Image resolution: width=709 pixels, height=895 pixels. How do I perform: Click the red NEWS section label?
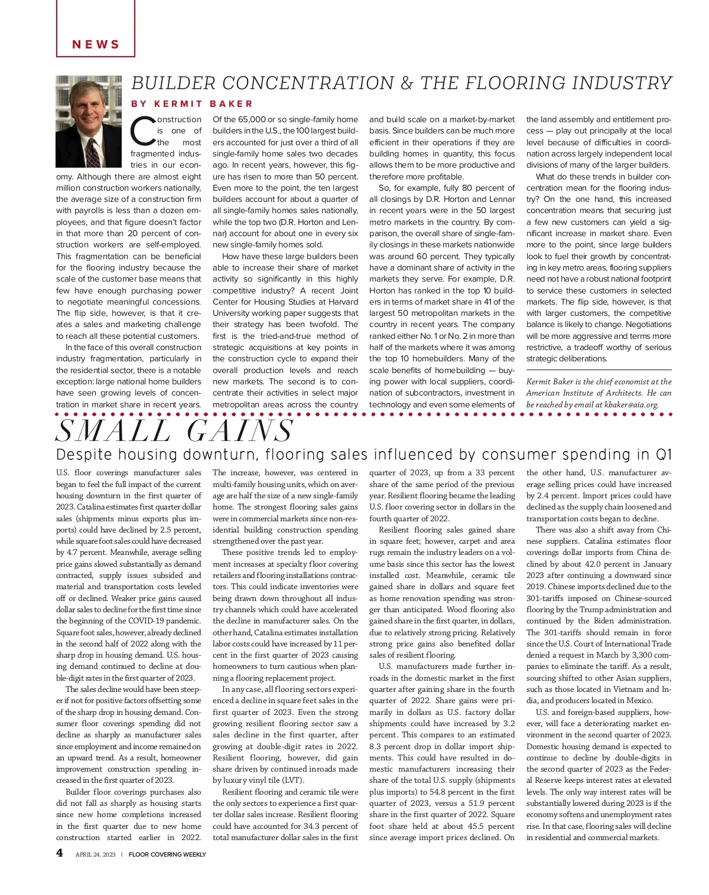click(x=96, y=44)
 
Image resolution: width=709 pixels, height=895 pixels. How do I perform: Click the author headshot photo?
click(x=88, y=121)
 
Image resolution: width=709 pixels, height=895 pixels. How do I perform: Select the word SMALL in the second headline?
click(x=115, y=432)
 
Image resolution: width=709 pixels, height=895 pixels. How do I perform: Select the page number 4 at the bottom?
click(x=60, y=853)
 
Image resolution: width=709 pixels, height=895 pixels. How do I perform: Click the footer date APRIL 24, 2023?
click(x=96, y=854)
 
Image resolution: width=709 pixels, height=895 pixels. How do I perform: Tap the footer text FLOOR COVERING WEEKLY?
click(x=167, y=854)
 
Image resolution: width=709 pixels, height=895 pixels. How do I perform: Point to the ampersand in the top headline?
click(x=406, y=83)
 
